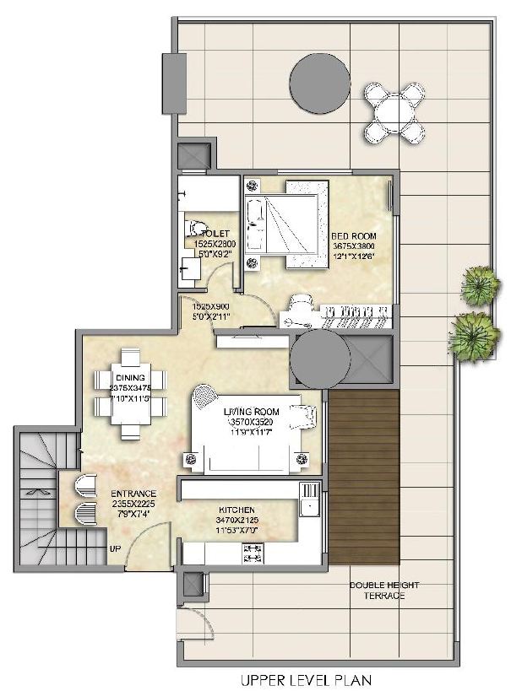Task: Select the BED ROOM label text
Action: [354, 235]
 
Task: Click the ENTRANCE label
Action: [133, 493]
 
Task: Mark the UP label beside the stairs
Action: [114, 549]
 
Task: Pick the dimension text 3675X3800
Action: [354, 246]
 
